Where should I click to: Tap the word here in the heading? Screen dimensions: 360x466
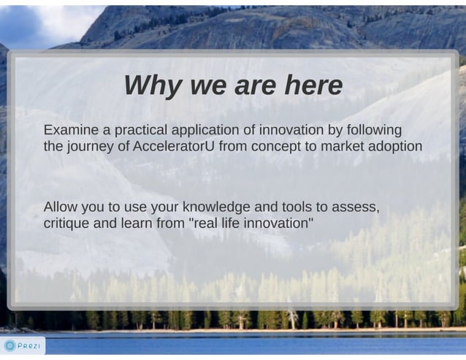(x=313, y=86)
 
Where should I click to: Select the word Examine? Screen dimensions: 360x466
(x=71, y=130)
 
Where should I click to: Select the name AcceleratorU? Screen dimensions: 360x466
(x=174, y=146)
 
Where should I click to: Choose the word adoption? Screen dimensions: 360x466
(x=395, y=146)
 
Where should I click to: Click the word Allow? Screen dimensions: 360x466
(x=61, y=207)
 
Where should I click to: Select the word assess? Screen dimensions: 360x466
(x=354, y=207)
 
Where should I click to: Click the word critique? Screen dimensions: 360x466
(x=66, y=223)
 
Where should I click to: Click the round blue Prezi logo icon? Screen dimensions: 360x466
(x=9, y=345)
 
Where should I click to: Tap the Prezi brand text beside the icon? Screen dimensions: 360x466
(x=29, y=345)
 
